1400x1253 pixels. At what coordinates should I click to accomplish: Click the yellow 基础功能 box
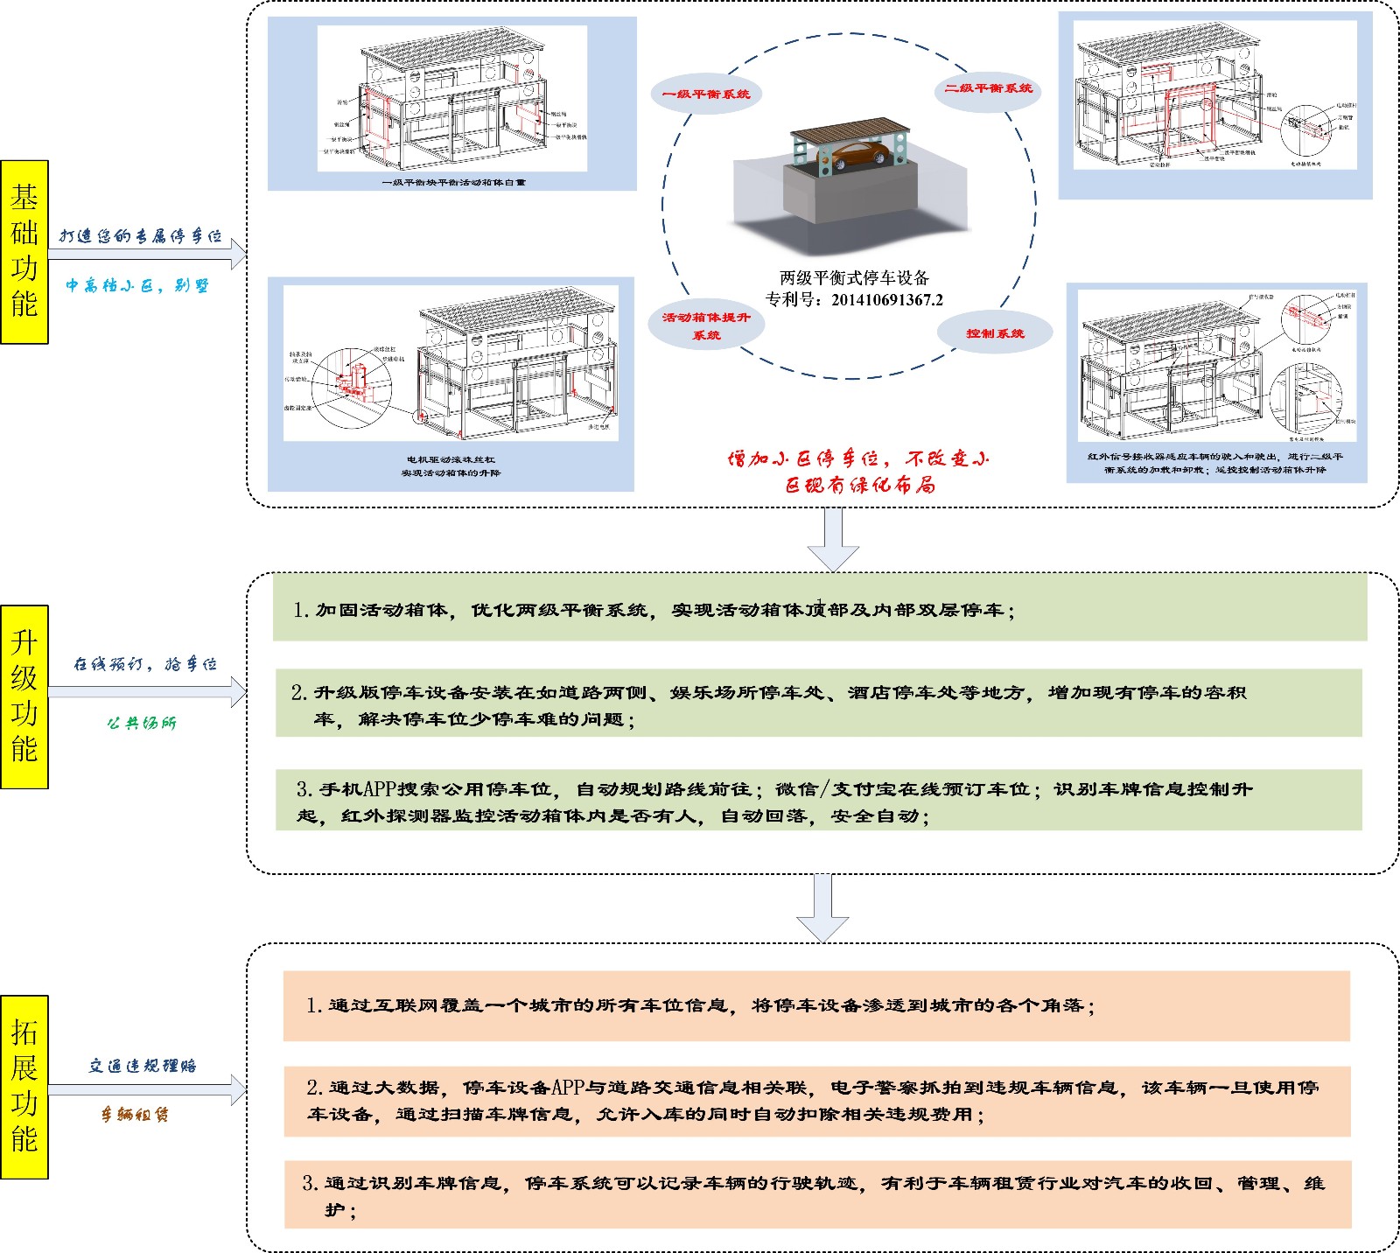point(24,252)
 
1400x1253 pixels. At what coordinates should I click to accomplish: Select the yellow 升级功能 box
point(24,696)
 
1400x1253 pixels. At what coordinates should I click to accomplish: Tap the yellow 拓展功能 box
point(24,1087)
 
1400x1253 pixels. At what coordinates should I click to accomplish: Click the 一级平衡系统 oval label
point(706,94)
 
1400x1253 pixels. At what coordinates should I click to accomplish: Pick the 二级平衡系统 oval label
point(988,88)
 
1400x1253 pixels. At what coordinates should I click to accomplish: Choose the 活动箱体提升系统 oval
point(706,325)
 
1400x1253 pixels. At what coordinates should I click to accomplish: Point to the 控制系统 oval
point(995,333)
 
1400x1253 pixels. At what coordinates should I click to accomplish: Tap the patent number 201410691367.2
point(887,300)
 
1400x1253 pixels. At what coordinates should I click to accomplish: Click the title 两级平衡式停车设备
point(854,278)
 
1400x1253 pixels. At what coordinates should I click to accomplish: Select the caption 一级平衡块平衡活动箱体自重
point(453,183)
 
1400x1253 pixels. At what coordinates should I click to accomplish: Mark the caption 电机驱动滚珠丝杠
point(451,459)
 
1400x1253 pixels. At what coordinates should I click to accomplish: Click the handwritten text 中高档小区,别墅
point(137,286)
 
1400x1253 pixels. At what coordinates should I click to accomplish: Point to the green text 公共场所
point(142,723)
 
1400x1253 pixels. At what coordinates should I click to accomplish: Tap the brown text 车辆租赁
point(135,1114)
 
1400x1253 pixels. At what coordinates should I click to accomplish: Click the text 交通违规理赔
point(143,1066)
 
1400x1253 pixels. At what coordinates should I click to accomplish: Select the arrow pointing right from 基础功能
point(147,254)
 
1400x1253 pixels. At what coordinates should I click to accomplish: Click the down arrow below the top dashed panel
point(833,539)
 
